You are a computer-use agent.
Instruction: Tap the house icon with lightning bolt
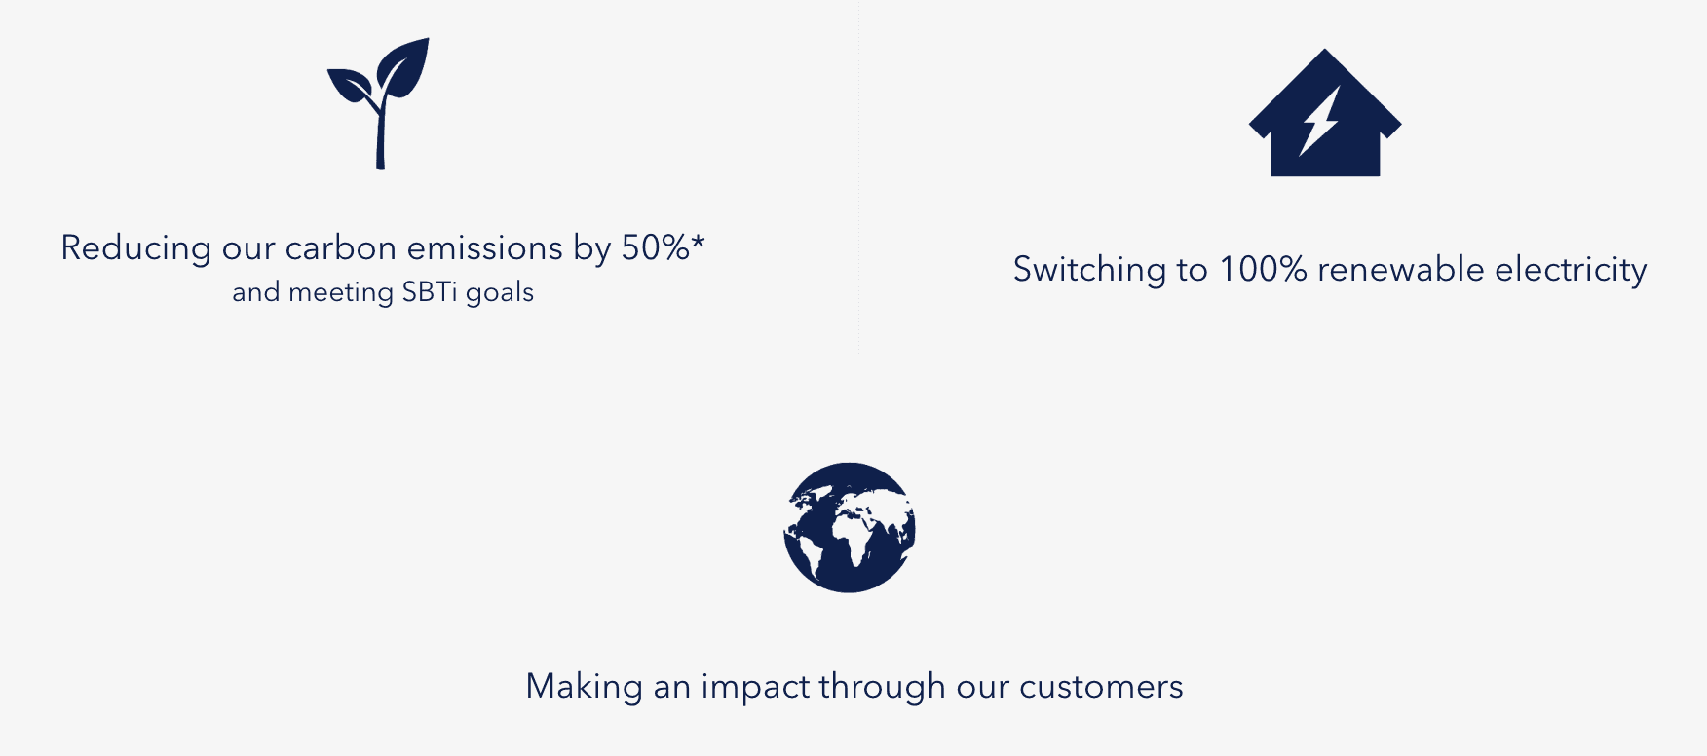[1325, 113]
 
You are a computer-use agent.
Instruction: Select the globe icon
[850, 527]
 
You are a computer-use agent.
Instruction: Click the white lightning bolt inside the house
[1320, 121]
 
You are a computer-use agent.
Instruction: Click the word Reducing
[135, 248]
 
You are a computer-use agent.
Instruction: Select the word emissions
[485, 248]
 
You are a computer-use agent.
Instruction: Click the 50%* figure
[663, 247]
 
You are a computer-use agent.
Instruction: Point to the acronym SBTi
[430, 291]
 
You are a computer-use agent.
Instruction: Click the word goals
[500, 292]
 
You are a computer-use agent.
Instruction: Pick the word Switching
[1089, 270]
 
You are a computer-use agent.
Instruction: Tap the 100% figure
[1263, 269]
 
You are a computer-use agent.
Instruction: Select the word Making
[584, 688]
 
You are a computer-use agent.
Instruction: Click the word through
[882, 688]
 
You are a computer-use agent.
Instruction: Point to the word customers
[1101, 687]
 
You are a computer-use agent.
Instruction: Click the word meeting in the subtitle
[341, 292]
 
